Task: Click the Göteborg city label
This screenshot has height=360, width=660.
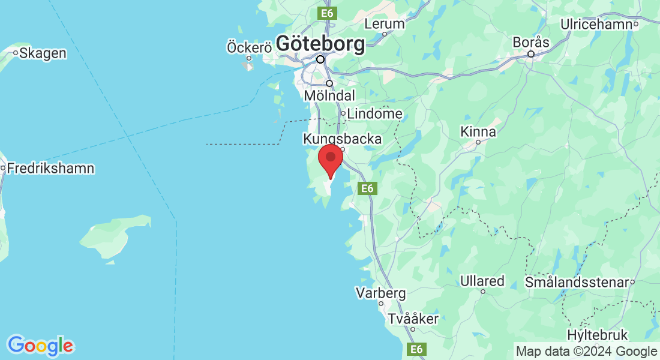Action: coord(320,44)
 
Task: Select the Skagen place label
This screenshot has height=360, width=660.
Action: coord(43,53)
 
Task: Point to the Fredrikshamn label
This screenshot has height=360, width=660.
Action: coord(50,168)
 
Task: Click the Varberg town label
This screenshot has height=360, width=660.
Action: coord(380,293)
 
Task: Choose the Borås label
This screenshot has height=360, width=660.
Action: coord(531,43)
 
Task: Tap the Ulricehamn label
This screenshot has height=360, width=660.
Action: coord(598,25)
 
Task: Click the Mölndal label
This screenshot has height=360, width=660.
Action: coord(329,95)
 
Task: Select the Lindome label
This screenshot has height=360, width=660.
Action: coord(375,113)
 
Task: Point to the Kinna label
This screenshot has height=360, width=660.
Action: coord(478,131)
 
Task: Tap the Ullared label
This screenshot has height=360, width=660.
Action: coord(482,281)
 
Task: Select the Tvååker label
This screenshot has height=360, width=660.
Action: coord(413,319)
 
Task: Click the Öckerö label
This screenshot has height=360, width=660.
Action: coord(249,47)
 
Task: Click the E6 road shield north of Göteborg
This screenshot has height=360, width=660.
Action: coord(327,13)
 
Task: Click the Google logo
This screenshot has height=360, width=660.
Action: coord(40,346)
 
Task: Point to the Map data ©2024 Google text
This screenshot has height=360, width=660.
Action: coord(587,352)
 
